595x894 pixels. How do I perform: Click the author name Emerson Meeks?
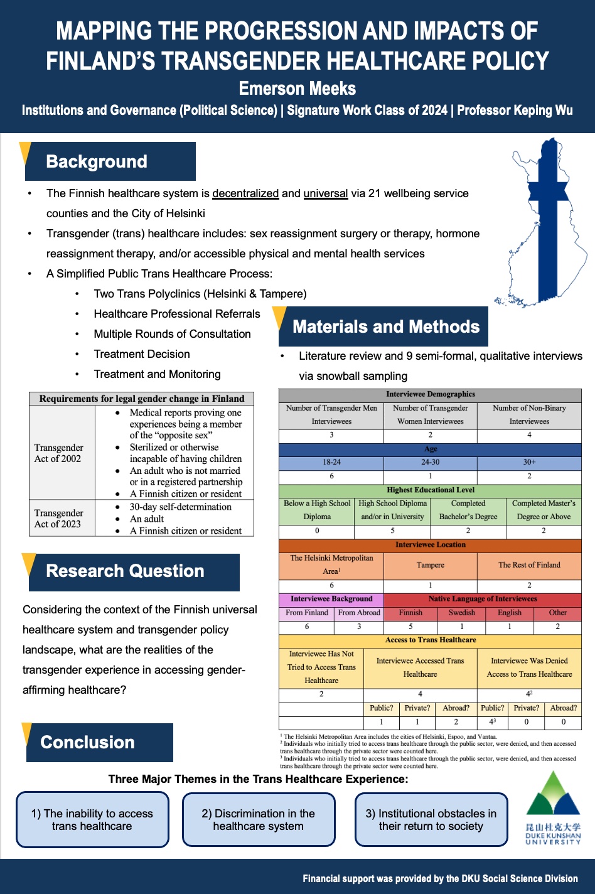(297, 89)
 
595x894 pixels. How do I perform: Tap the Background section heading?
(97, 161)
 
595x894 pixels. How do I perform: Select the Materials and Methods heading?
(385, 326)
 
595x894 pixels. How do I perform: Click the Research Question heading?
(125, 571)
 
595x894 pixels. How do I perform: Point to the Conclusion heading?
(87, 742)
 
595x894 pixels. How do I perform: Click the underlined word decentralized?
(245, 193)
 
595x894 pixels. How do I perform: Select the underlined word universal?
(325, 193)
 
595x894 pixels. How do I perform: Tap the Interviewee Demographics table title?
(430, 394)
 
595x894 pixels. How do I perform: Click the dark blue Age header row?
(430, 449)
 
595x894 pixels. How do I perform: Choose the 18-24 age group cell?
(331, 462)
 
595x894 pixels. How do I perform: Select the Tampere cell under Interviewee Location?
(430, 565)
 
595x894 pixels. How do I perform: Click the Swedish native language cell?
(461, 613)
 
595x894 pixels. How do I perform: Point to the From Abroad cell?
(359, 613)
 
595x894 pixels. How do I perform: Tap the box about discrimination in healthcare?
(259, 820)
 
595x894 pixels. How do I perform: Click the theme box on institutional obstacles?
(431, 820)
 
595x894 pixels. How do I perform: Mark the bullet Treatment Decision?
(142, 354)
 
